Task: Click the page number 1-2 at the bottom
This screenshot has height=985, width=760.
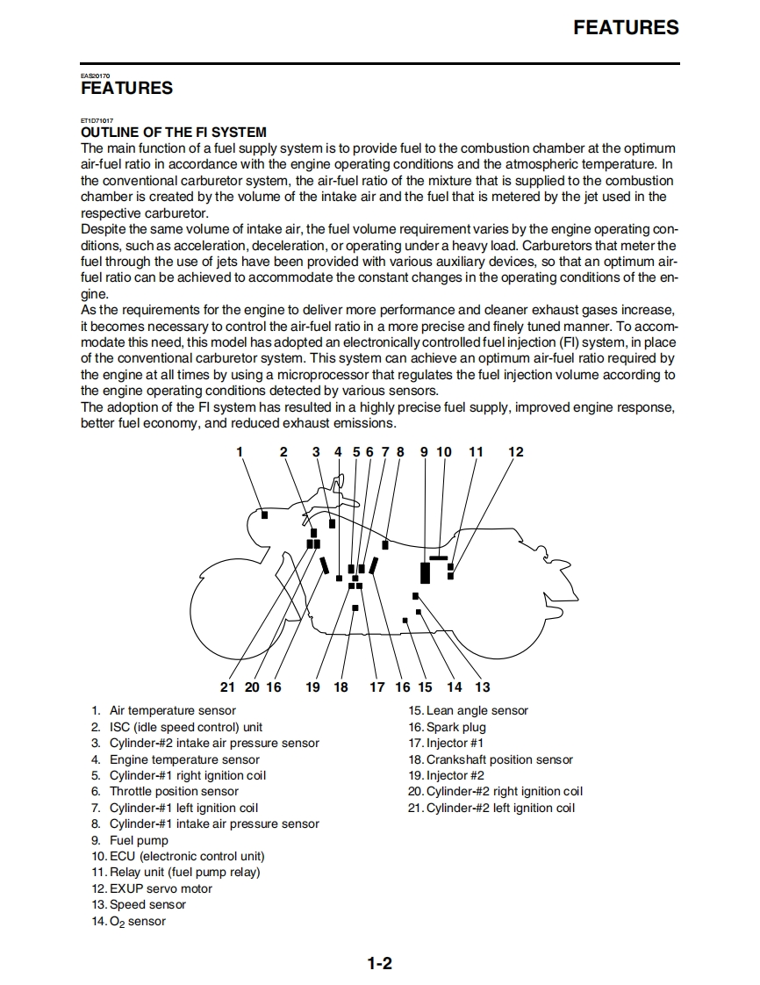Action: [379, 964]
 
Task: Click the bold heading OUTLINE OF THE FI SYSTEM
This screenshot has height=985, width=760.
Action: [173, 133]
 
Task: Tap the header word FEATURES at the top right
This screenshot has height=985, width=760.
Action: [626, 27]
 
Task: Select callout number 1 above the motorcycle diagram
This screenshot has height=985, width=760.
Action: [239, 452]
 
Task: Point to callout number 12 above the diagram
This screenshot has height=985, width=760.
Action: [516, 452]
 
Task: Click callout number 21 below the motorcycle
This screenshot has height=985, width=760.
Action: [228, 687]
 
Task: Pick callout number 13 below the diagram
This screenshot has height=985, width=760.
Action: [483, 687]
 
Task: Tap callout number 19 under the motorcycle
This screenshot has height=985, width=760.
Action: [312, 687]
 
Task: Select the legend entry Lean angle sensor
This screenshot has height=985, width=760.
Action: [477, 711]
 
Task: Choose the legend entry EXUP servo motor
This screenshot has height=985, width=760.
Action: [161, 888]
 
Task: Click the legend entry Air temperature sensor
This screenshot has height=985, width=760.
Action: [172, 711]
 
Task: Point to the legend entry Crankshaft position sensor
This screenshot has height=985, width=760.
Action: [498, 759]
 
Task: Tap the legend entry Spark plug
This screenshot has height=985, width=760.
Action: [455, 727]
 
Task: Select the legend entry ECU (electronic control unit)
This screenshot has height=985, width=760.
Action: [186, 856]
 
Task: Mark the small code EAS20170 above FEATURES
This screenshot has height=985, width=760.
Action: [95, 76]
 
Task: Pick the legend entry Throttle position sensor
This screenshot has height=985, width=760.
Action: [174, 792]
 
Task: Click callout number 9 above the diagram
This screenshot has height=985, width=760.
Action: [424, 452]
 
